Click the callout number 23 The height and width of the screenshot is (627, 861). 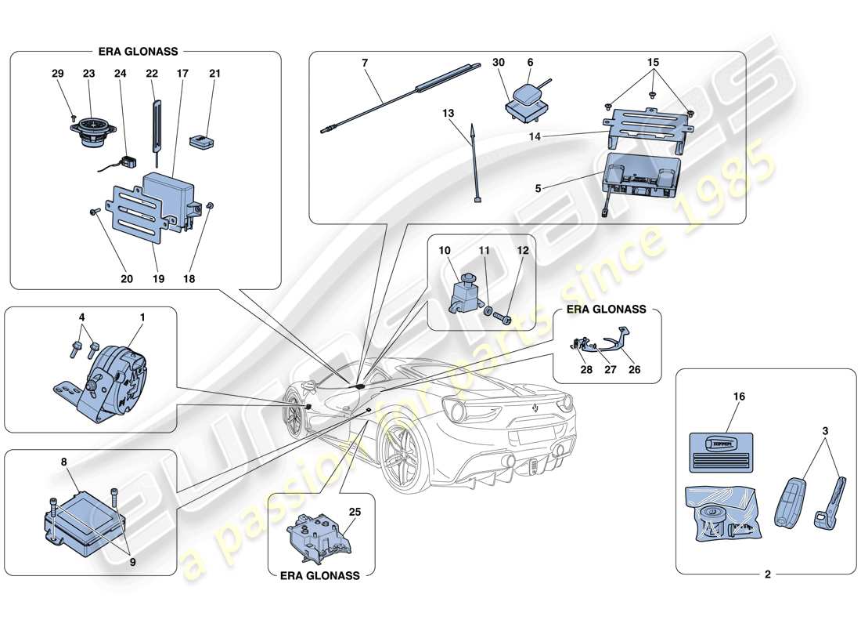point(88,74)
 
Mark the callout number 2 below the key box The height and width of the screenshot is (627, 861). point(767,574)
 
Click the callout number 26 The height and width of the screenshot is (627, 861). point(635,369)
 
